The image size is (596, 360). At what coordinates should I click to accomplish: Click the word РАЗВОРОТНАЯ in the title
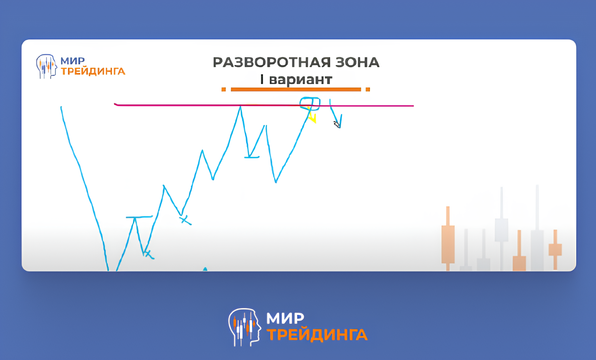click(271, 63)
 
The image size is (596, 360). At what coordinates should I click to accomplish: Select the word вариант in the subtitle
click(301, 80)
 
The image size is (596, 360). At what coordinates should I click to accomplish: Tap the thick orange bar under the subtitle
click(296, 89)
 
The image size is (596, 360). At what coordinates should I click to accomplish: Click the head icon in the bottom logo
click(244, 327)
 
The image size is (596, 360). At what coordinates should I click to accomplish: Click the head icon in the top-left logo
click(46, 66)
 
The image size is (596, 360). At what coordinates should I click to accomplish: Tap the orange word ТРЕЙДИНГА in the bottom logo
click(317, 335)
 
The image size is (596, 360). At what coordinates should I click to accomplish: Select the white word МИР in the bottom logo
click(285, 318)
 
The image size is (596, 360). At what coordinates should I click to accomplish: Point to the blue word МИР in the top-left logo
click(73, 61)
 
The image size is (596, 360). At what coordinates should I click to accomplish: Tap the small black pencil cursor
click(337, 124)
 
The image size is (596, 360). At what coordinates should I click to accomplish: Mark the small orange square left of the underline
click(223, 89)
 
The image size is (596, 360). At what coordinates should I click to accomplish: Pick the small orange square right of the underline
click(368, 89)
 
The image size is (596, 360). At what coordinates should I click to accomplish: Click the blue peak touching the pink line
click(240, 107)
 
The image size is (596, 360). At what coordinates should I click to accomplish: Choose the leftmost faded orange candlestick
click(448, 239)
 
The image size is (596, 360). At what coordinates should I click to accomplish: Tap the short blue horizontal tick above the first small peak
click(139, 217)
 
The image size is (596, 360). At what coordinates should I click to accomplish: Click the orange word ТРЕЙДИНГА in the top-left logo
click(93, 71)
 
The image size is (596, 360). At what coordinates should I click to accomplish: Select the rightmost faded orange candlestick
click(555, 250)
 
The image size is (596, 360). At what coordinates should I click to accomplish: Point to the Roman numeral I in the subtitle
click(262, 79)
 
